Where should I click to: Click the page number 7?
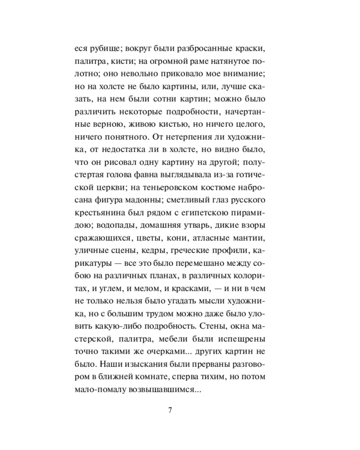tap(170, 410)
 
